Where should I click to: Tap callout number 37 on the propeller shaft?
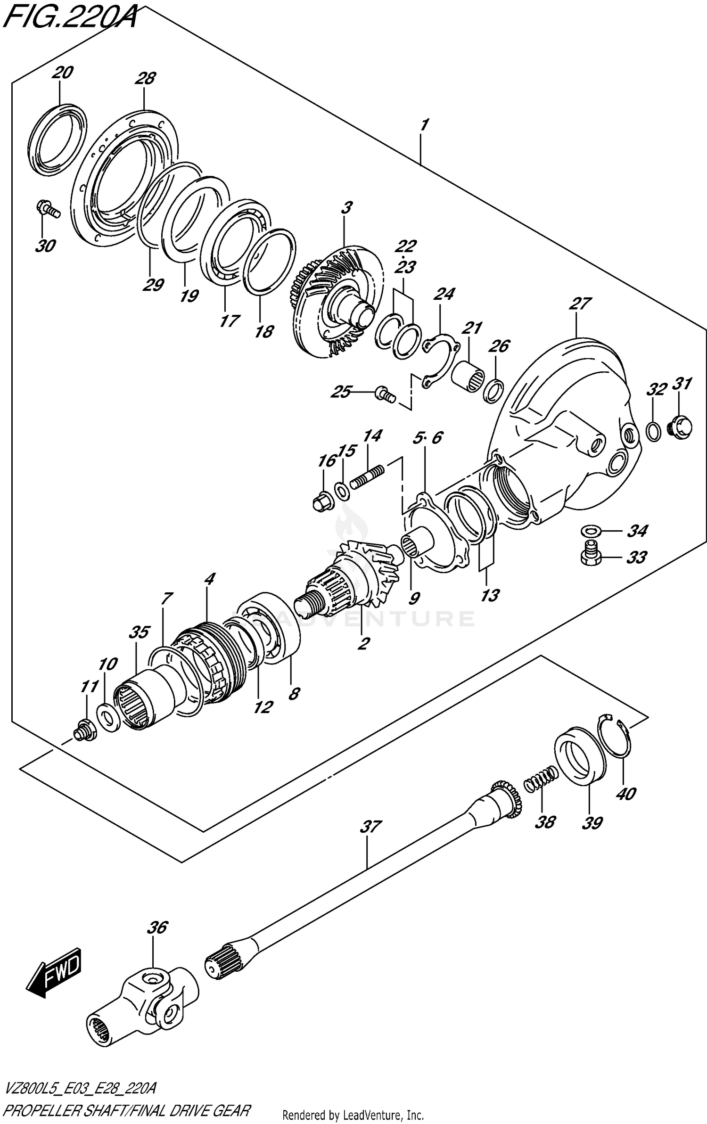point(370,827)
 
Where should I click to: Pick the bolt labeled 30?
point(48,211)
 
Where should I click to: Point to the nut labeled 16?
point(323,503)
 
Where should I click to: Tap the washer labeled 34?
point(590,532)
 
